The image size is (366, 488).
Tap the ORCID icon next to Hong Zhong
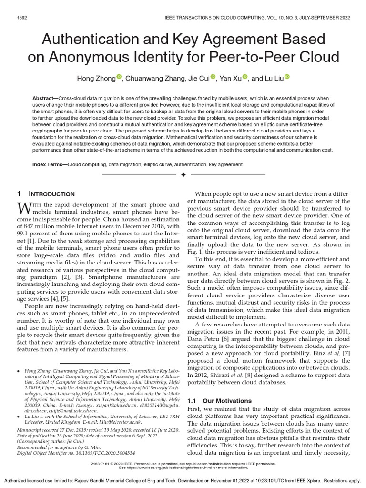[119, 77]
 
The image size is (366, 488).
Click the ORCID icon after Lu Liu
[287, 77]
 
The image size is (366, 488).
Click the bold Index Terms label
[49, 164]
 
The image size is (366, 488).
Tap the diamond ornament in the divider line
[183, 175]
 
